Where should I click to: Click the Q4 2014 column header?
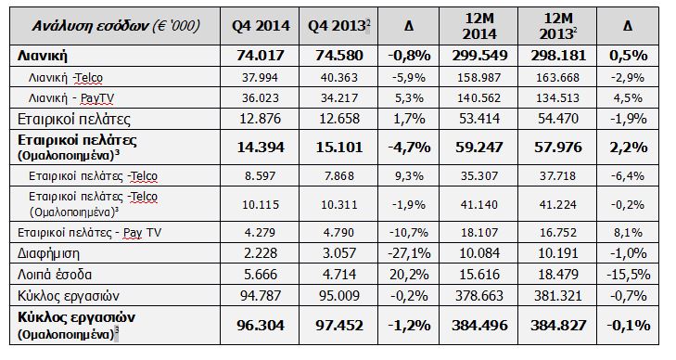(261, 26)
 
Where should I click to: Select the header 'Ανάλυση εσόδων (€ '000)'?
(116, 26)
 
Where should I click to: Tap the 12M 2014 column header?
(479, 26)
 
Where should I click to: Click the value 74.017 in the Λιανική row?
(261, 56)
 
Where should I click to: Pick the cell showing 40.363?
(338, 78)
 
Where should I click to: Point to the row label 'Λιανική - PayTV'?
(71, 98)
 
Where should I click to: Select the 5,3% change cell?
(409, 98)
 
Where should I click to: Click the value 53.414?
(479, 119)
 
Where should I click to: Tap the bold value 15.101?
(338, 148)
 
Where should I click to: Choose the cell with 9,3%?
(409, 176)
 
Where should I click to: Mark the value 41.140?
(479, 204)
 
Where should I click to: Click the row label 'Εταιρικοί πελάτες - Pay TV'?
(90, 233)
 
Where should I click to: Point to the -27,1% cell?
(409, 253)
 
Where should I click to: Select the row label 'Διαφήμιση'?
(48, 253)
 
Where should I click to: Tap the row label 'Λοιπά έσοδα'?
(55, 275)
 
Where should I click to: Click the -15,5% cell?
(628, 275)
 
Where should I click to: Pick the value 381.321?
(558, 296)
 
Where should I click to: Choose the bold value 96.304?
(261, 326)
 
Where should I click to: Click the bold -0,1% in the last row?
(628, 326)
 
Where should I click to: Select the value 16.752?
(558, 233)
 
